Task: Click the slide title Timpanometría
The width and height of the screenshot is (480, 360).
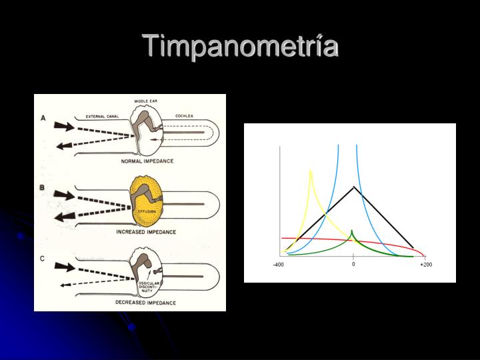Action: pyautogui.click(x=241, y=47)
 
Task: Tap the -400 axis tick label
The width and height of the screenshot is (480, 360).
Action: pyautogui.click(x=278, y=265)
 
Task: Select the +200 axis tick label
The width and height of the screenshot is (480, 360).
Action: pyautogui.click(x=426, y=265)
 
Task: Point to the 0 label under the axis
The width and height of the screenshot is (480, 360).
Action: pyautogui.click(x=353, y=264)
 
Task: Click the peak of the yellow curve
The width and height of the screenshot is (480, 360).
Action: pyautogui.click(x=310, y=172)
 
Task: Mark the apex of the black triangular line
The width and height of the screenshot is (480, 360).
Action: pyautogui.click(x=353, y=187)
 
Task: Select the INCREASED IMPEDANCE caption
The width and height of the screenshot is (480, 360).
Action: pyautogui.click(x=146, y=232)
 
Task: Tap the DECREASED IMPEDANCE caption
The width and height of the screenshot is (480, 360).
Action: pyautogui.click(x=146, y=303)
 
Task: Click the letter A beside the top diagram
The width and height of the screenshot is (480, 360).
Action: pyautogui.click(x=43, y=118)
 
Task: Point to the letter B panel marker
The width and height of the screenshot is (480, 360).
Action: pyautogui.click(x=42, y=188)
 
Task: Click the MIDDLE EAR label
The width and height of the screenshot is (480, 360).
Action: pyautogui.click(x=145, y=101)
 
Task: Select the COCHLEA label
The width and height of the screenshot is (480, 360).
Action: pyautogui.click(x=184, y=115)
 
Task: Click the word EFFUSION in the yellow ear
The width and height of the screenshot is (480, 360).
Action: pyautogui.click(x=146, y=211)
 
